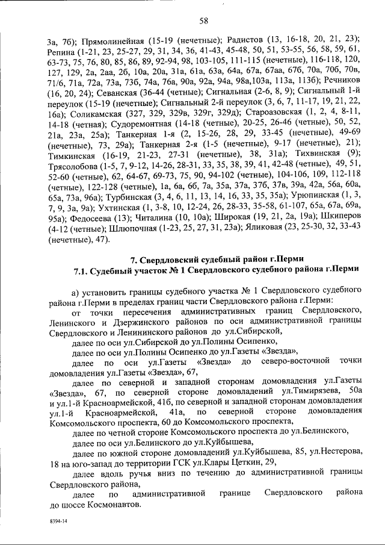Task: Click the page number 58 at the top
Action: point(203,22)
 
